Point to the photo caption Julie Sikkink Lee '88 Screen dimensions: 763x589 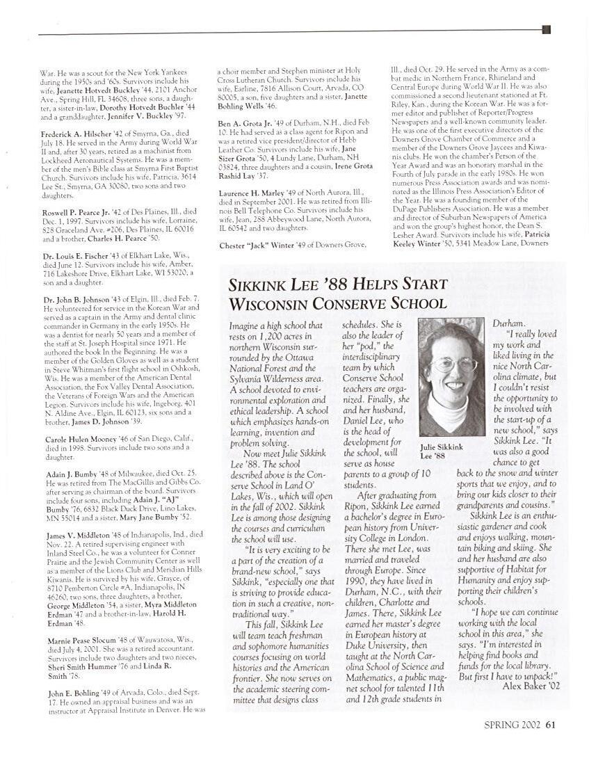(x=442, y=451)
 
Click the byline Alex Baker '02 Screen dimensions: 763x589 (x=531, y=686)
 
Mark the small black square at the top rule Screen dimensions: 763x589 (x=546, y=29)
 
